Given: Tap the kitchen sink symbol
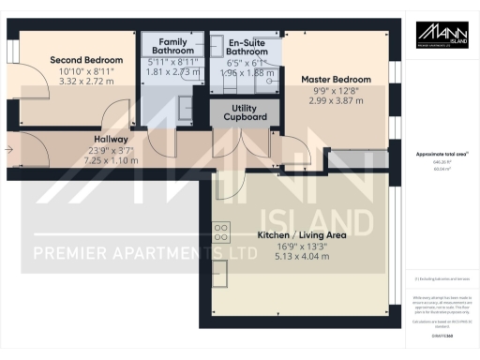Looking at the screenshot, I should (221, 273).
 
